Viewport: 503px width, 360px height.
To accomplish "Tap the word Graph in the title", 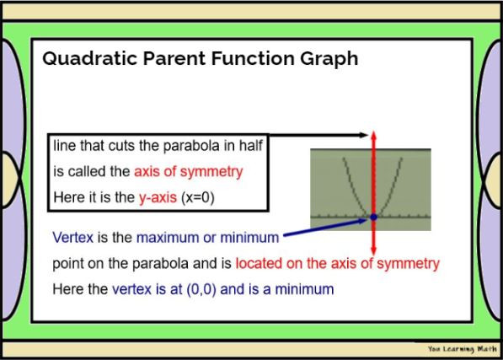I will (x=329, y=59).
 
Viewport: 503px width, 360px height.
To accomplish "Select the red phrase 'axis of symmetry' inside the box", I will (x=188, y=171).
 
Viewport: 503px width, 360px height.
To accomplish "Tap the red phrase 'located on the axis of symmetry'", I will (x=337, y=263).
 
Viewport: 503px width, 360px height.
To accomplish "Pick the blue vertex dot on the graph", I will (x=373, y=218).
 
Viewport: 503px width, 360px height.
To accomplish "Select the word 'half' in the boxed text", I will (x=249, y=146).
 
